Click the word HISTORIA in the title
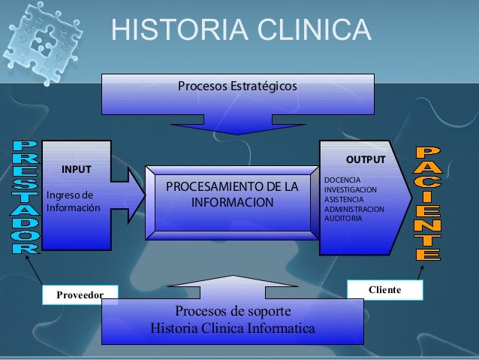click(x=176, y=31)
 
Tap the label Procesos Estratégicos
click(x=237, y=87)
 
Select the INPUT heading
click(x=75, y=169)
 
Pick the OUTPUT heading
click(x=365, y=160)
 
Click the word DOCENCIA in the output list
click(x=342, y=180)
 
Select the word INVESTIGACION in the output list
click(x=351, y=190)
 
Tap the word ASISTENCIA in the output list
click(x=345, y=199)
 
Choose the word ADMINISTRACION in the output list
click(x=354, y=209)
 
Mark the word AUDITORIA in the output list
click(x=343, y=218)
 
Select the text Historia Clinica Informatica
click(x=233, y=328)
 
